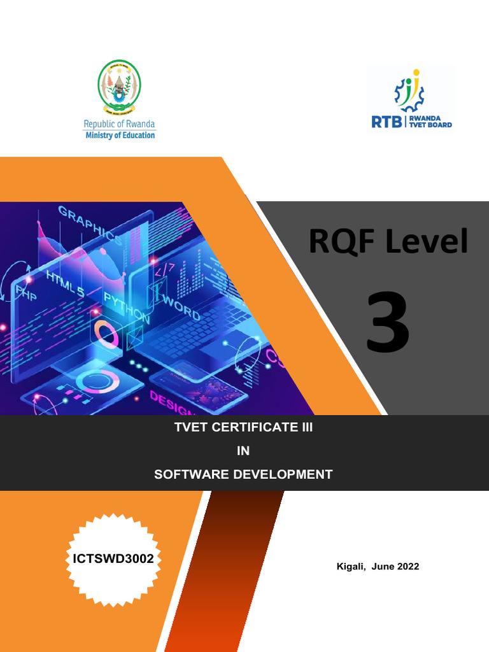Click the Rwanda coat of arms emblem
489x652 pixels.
(x=119, y=87)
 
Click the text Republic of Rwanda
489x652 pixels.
(x=120, y=124)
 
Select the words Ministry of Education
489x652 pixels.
(x=120, y=135)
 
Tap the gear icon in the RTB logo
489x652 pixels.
(x=409, y=92)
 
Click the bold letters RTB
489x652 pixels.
(x=386, y=122)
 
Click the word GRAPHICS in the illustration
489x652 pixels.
(x=91, y=225)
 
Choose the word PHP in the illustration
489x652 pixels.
(x=26, y=292)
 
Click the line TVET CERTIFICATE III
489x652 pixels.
(x=244, y=427)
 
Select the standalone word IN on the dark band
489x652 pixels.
(x=243, y=451)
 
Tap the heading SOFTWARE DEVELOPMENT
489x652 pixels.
(x=243, y=474)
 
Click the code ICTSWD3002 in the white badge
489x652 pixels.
(x=113, y=559)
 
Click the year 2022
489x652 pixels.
(x=407, y=567)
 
